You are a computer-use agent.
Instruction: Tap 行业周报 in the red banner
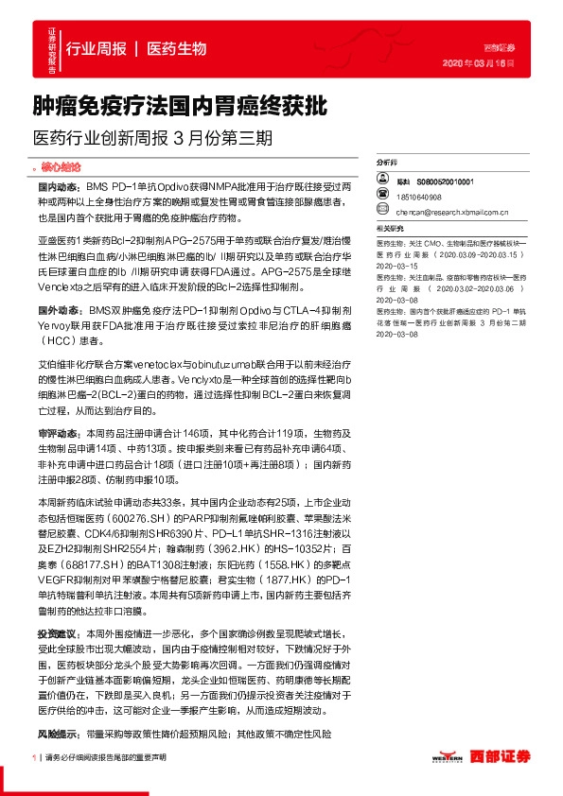coord(96,48)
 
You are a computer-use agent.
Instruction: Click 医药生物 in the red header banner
coord(177,48)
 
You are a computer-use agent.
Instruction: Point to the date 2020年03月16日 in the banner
coord(484,63)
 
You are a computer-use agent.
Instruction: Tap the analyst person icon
coord(382,180)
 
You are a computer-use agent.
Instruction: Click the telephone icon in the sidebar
coord(382,197)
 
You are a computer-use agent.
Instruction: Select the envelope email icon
coord(382,212)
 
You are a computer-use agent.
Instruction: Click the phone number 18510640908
coord(419,197)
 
